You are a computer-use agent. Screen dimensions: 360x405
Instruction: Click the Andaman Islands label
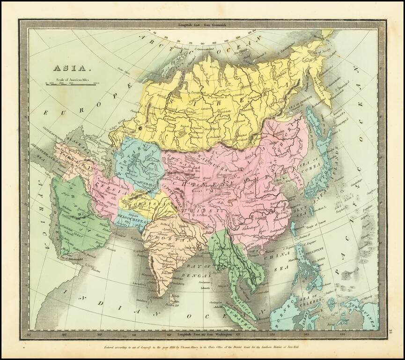coord(214,285)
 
